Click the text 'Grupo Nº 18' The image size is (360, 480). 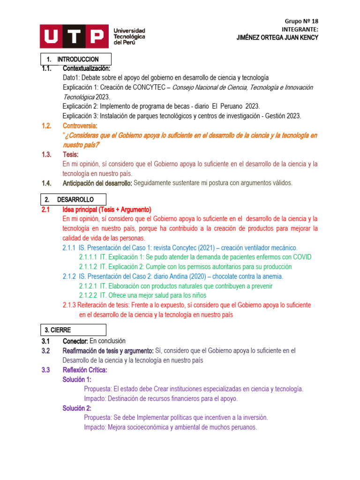coord(301,21)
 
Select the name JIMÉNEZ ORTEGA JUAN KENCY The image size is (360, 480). coord(277,37)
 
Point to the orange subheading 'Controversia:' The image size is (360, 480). coord(80,126)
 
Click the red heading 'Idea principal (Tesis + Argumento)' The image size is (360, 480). coord(106,210)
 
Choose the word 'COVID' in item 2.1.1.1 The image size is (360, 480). coord(301,257)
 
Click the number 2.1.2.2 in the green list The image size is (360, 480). coord(88,295)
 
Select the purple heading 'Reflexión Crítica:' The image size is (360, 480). coord(85,370)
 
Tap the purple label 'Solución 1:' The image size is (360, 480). coord(77,379)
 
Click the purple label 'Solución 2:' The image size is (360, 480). coord(77,408)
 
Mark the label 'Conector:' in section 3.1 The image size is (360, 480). coord(75,341)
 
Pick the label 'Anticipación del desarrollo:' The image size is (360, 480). coord(97,183)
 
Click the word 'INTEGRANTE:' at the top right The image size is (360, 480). coord(300,29)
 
